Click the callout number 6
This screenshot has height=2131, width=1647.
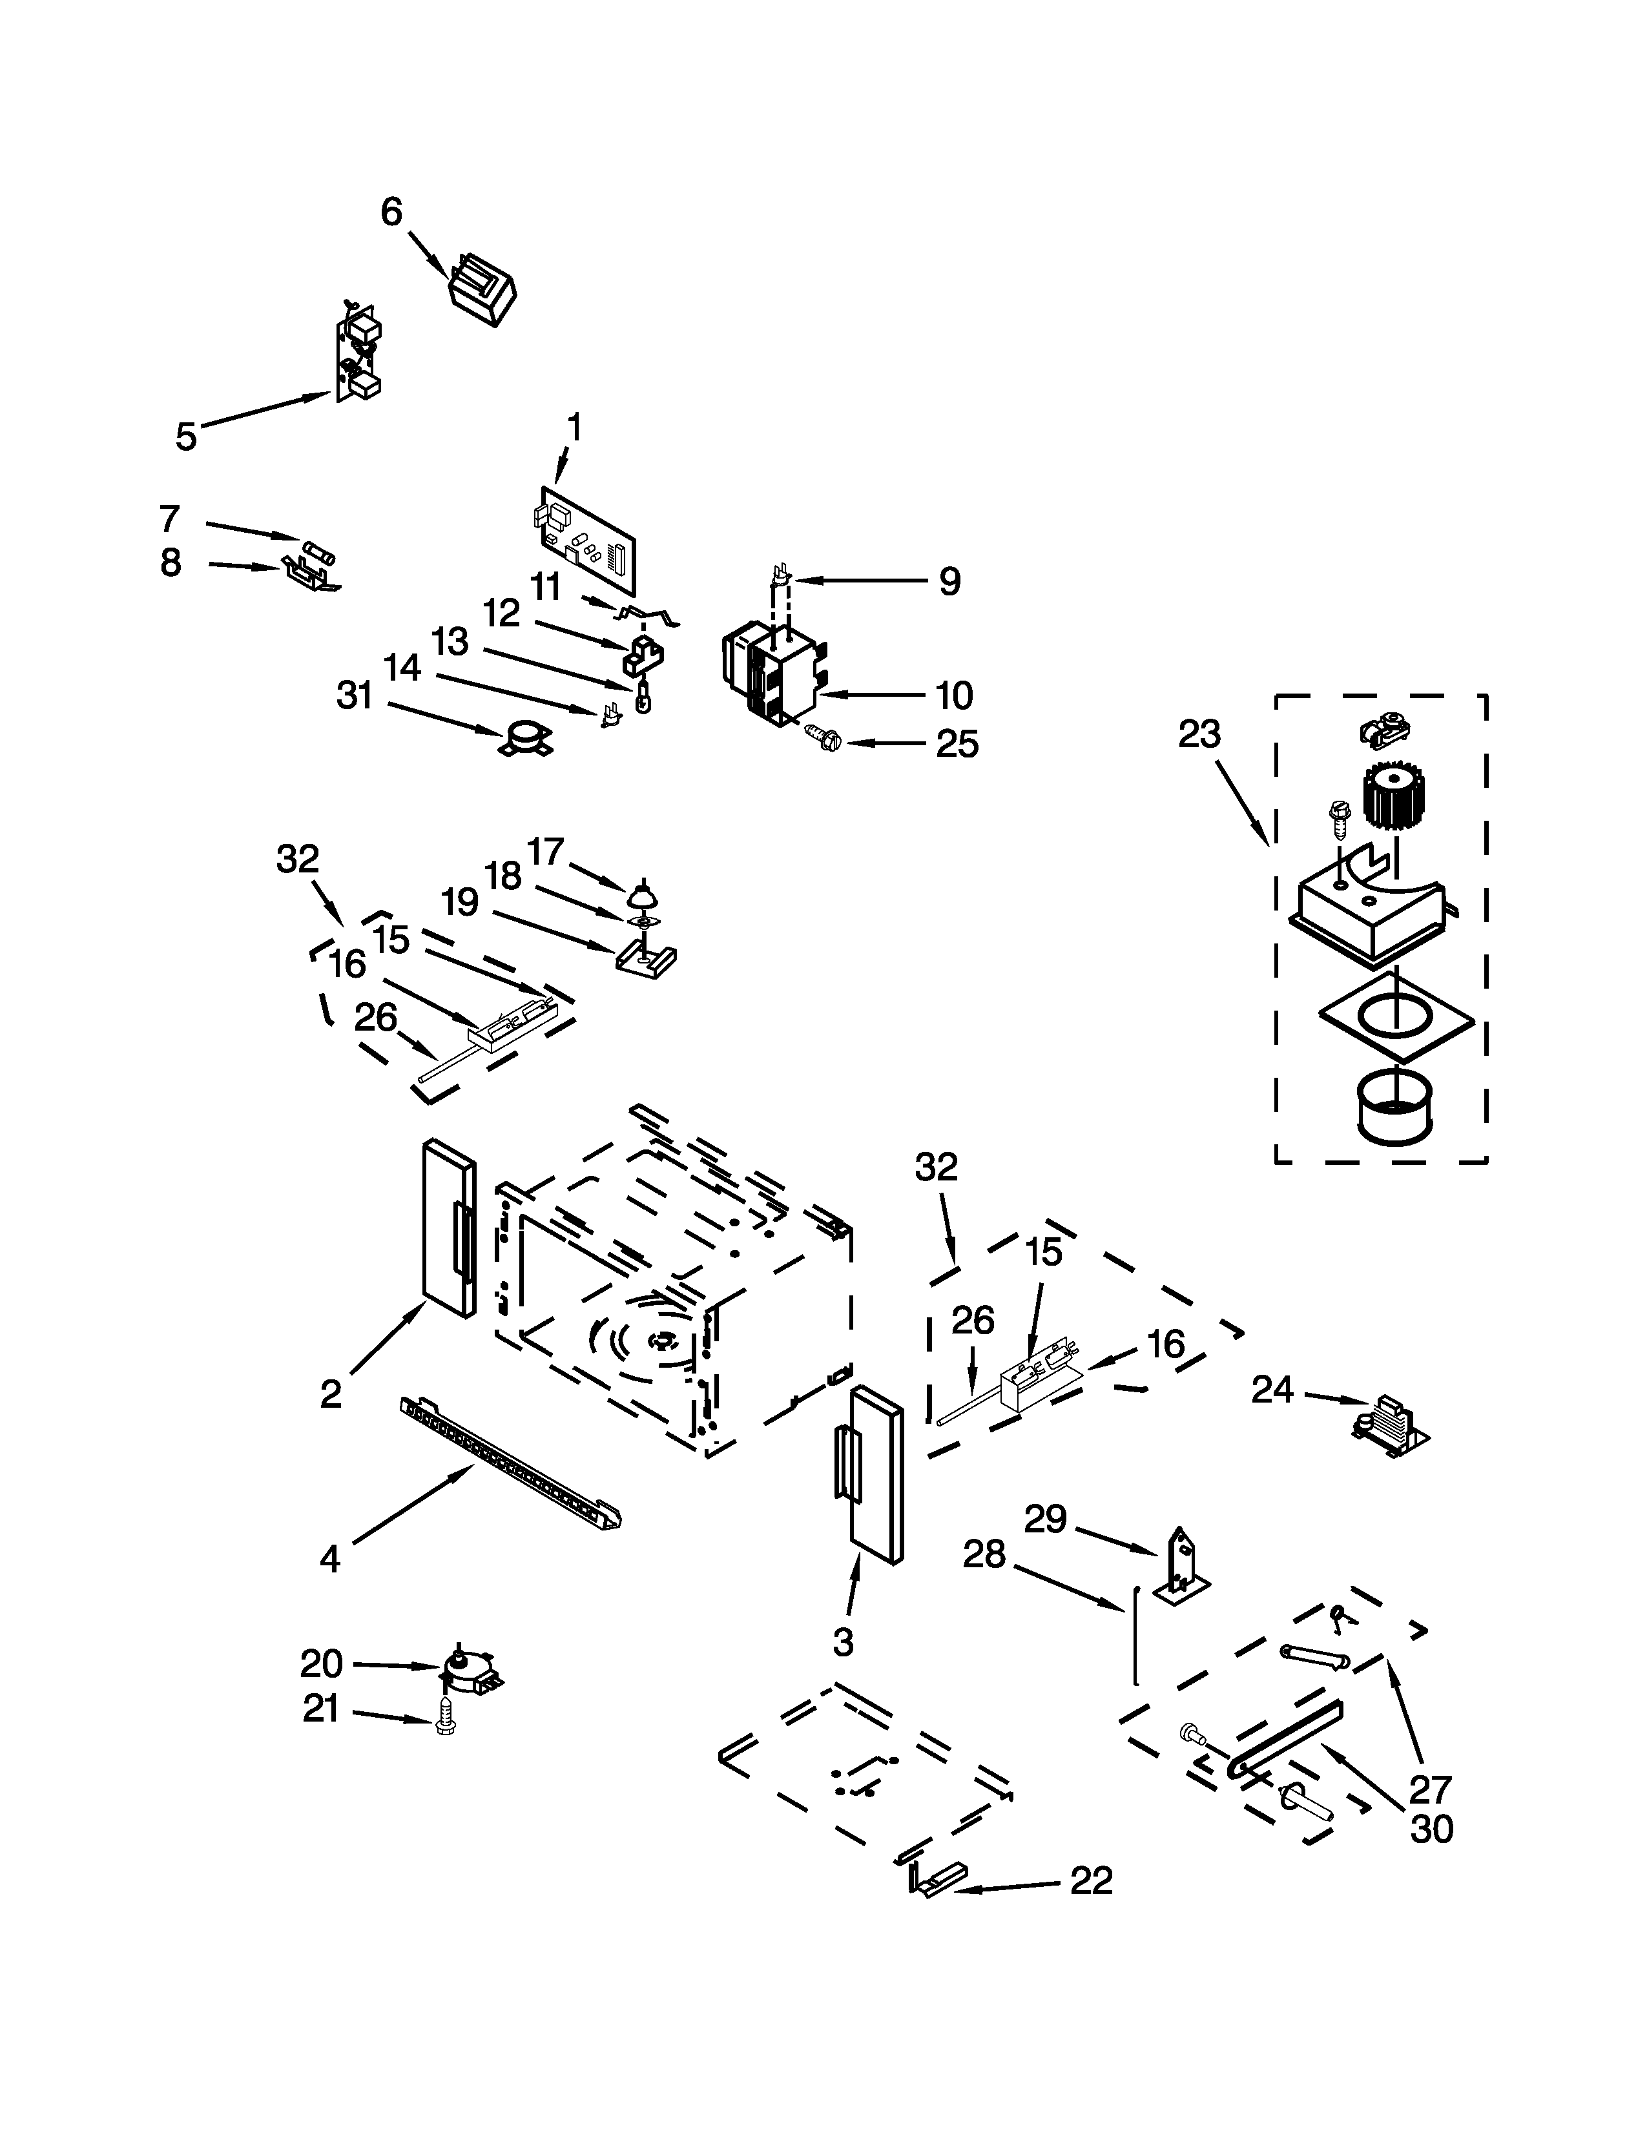click(x=391, y=212)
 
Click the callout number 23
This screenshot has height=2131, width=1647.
click(x=1198, y=734)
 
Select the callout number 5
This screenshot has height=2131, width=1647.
click(x=185, y=435)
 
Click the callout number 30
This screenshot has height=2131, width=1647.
click(x=1431, y=1829)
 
